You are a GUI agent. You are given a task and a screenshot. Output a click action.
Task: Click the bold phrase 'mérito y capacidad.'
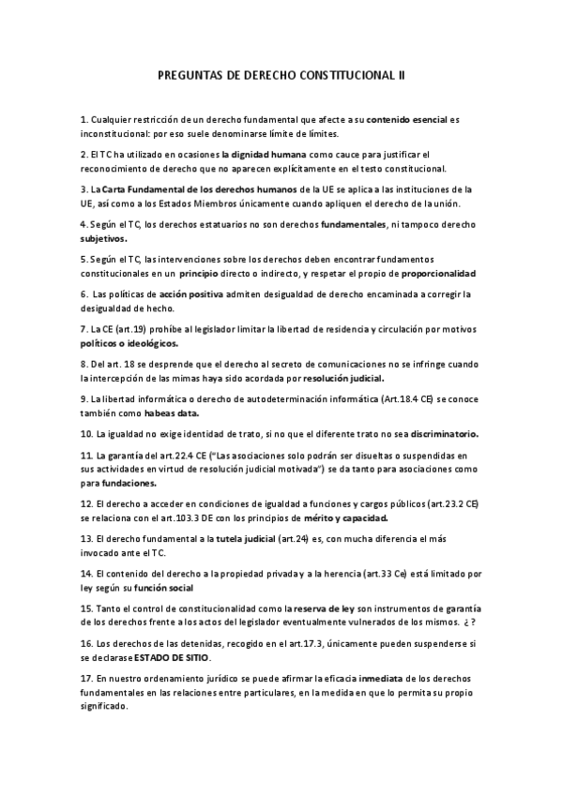(353, 517)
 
